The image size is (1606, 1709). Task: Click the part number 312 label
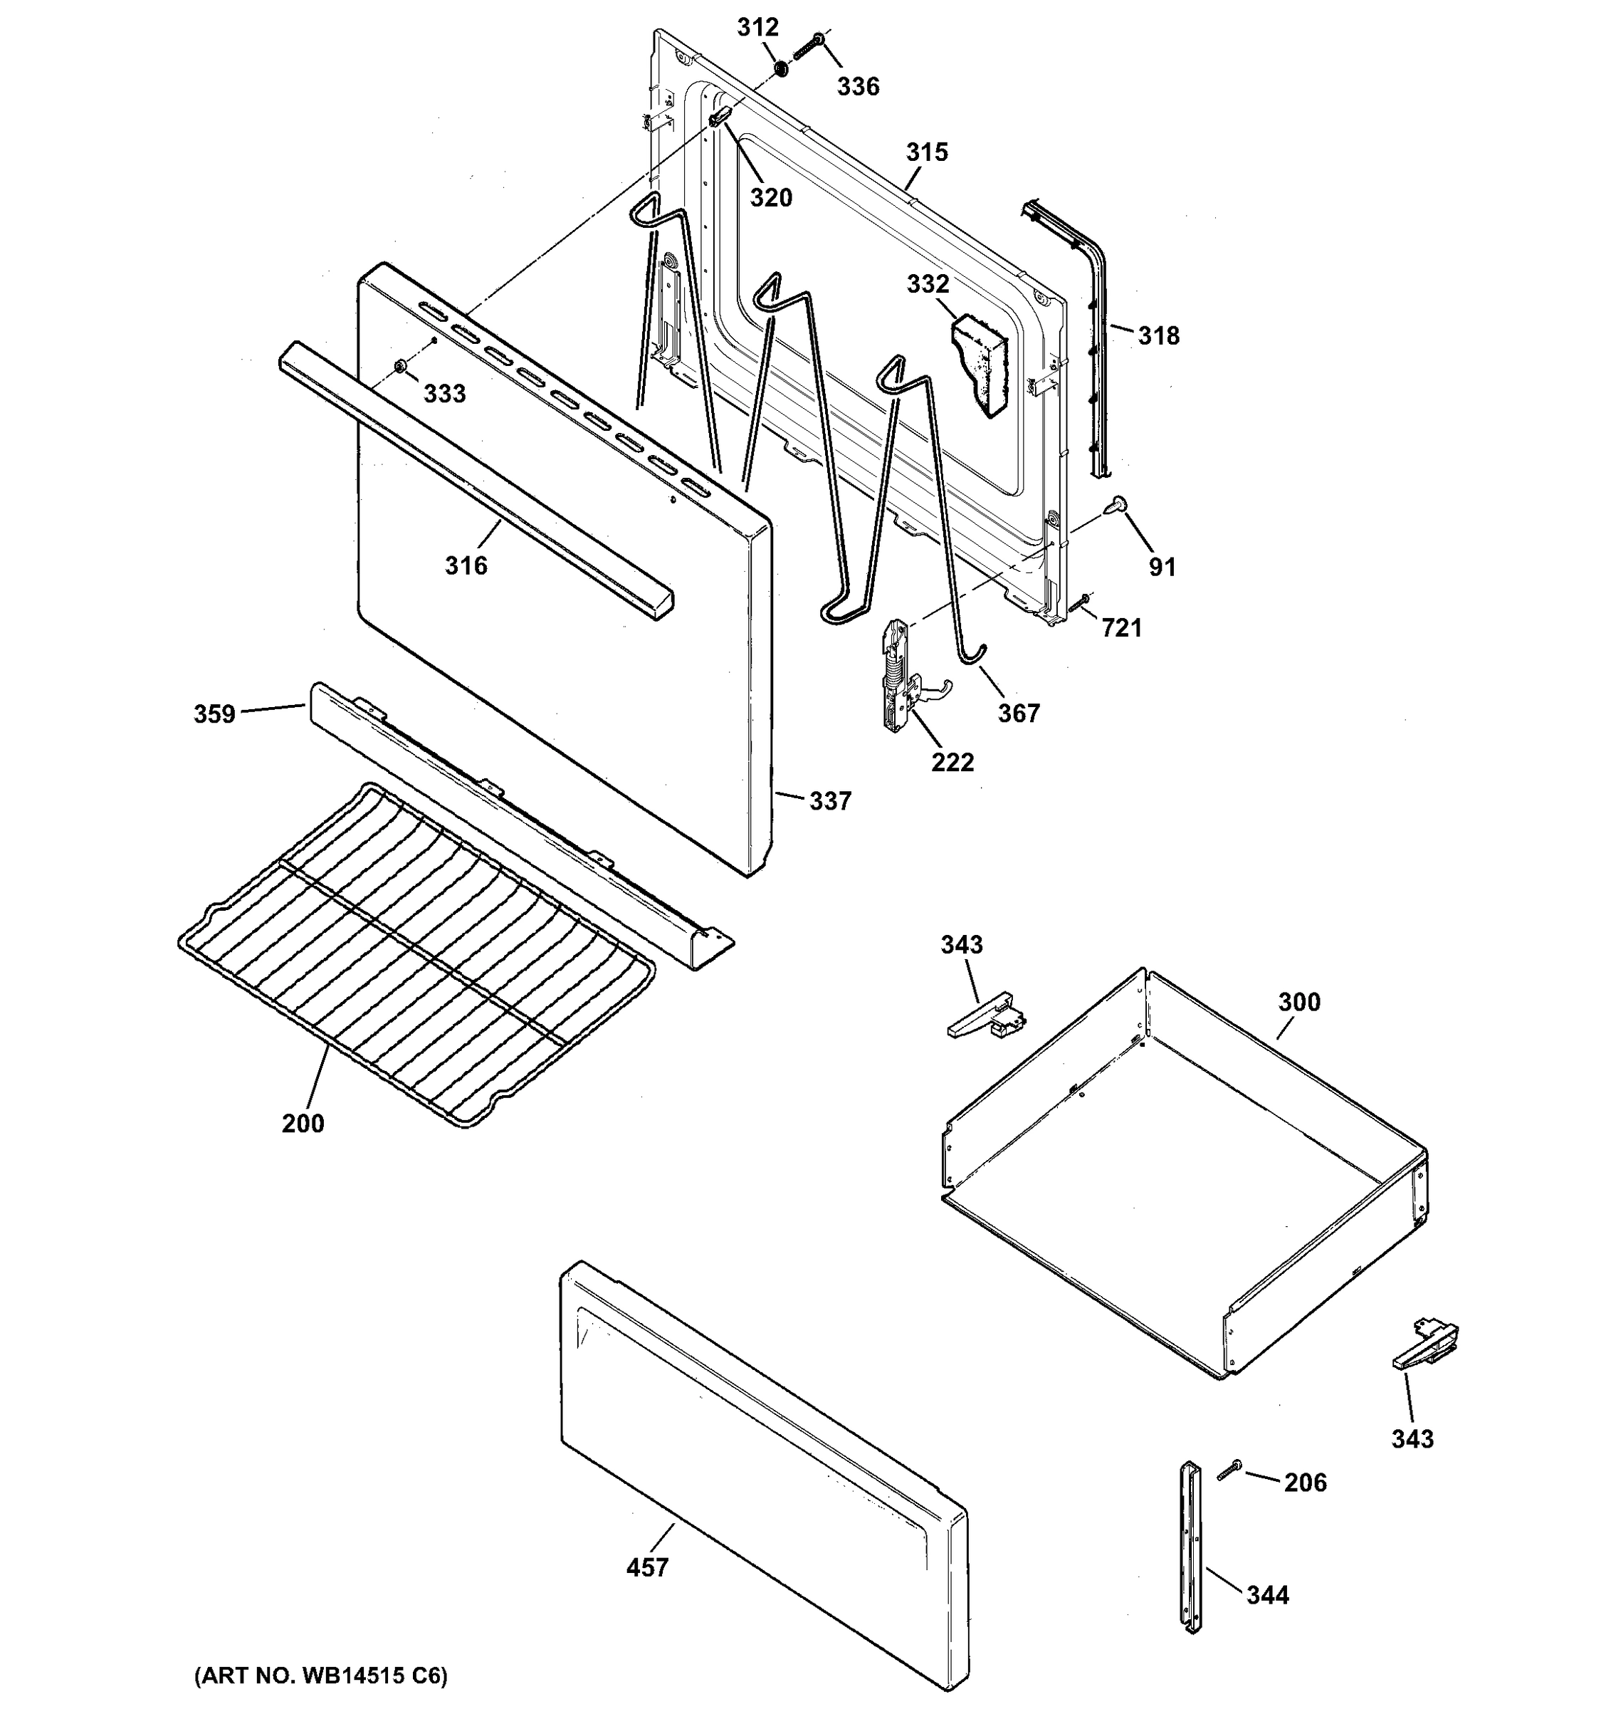757,28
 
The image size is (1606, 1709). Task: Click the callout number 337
829,801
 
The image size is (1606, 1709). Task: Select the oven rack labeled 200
412,954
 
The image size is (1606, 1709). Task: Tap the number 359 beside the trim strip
214,714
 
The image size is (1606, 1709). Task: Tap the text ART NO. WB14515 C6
320,1676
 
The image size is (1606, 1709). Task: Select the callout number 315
926,152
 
